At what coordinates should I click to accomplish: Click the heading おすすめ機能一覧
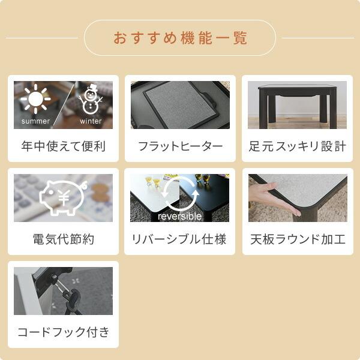coord(180,38)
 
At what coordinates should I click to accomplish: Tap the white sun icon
coord(35,99)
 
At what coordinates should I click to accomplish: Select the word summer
coord(35,121)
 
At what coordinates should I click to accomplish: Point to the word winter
coord(91,121)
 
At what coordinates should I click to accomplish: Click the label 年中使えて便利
coord(63,146)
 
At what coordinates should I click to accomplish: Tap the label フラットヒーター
coord(180,146)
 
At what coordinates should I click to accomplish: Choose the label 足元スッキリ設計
coord(297,146)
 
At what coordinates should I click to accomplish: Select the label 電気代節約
coord(63,239)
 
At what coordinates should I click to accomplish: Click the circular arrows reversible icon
coord(179,192)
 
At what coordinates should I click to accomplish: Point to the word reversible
coord(179,216)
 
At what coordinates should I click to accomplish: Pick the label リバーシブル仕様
coord(180,239)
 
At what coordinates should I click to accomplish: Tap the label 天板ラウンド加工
coord(297,239)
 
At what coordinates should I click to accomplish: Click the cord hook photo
coord(63,291)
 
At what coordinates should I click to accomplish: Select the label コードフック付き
coord(63,332)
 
